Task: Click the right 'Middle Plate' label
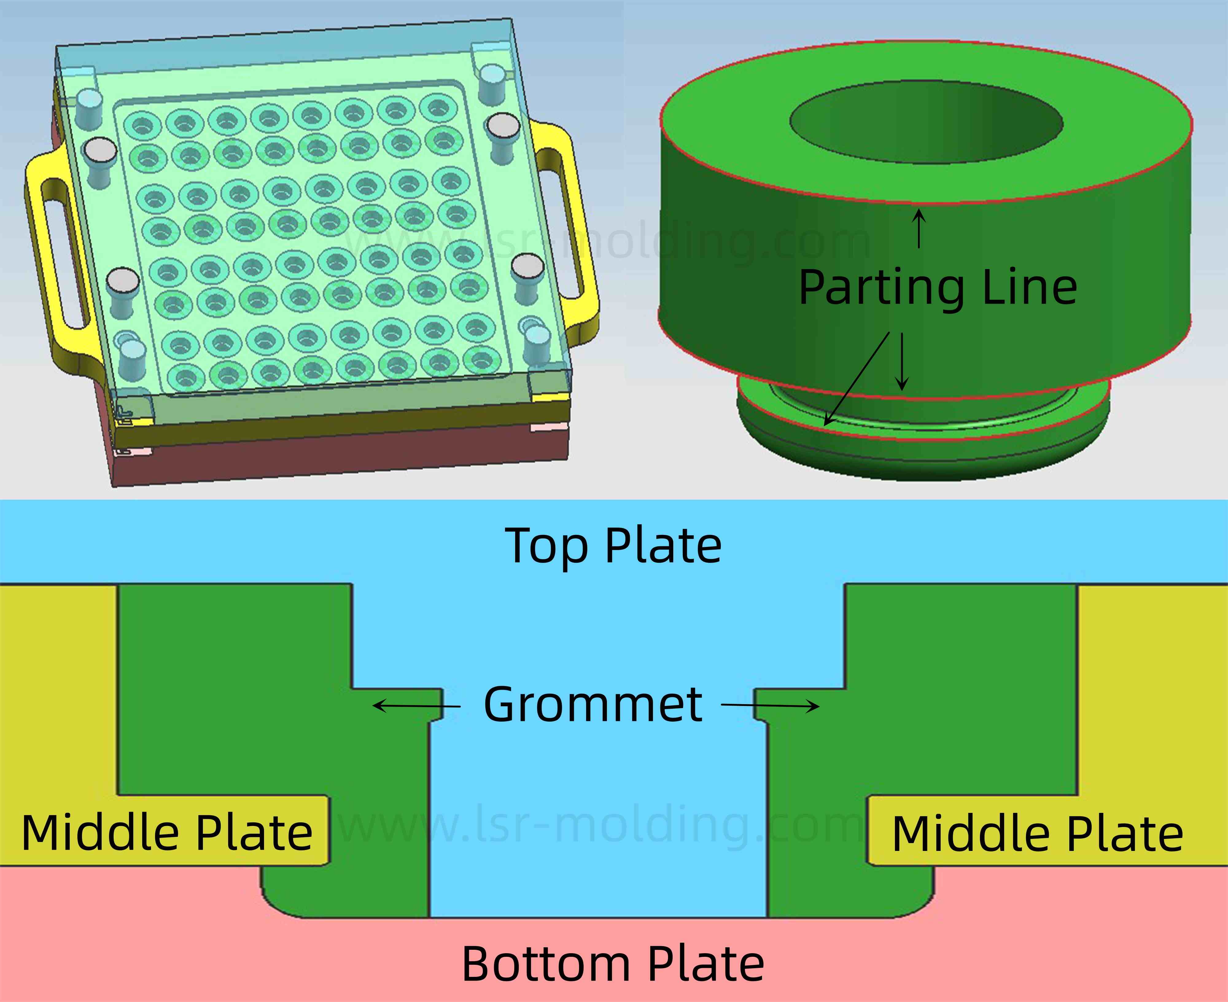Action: click(x=1038, y=835)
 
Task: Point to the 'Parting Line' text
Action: click(x=938, y=287)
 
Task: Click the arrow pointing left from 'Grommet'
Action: click(x=415, y=705)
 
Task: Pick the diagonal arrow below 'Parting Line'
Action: click(x=857, y=378)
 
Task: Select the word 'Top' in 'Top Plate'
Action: click(x=545, y=546)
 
